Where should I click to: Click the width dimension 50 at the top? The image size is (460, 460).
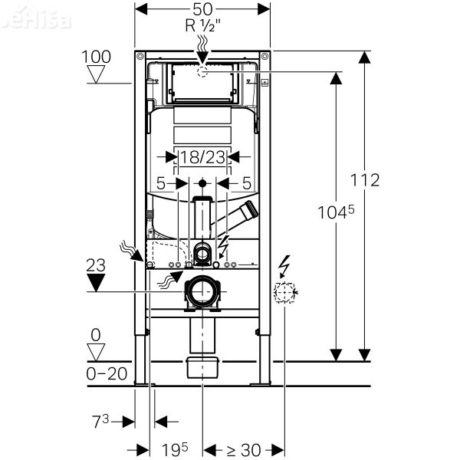tap(202, 9)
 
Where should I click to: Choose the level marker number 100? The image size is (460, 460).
tap(97, 57)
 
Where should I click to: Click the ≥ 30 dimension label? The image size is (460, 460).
tap(244, 449)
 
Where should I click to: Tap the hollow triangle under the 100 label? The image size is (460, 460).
tap(97, 74)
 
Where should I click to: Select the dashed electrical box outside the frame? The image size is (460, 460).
tap(284, 292)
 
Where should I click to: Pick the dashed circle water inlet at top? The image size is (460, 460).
tap(202, 71)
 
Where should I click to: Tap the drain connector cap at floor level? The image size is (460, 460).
tap(202, 366)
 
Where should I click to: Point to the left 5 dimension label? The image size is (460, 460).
tap(162, 183)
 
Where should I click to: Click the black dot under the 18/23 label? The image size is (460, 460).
tap(202, 183)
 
